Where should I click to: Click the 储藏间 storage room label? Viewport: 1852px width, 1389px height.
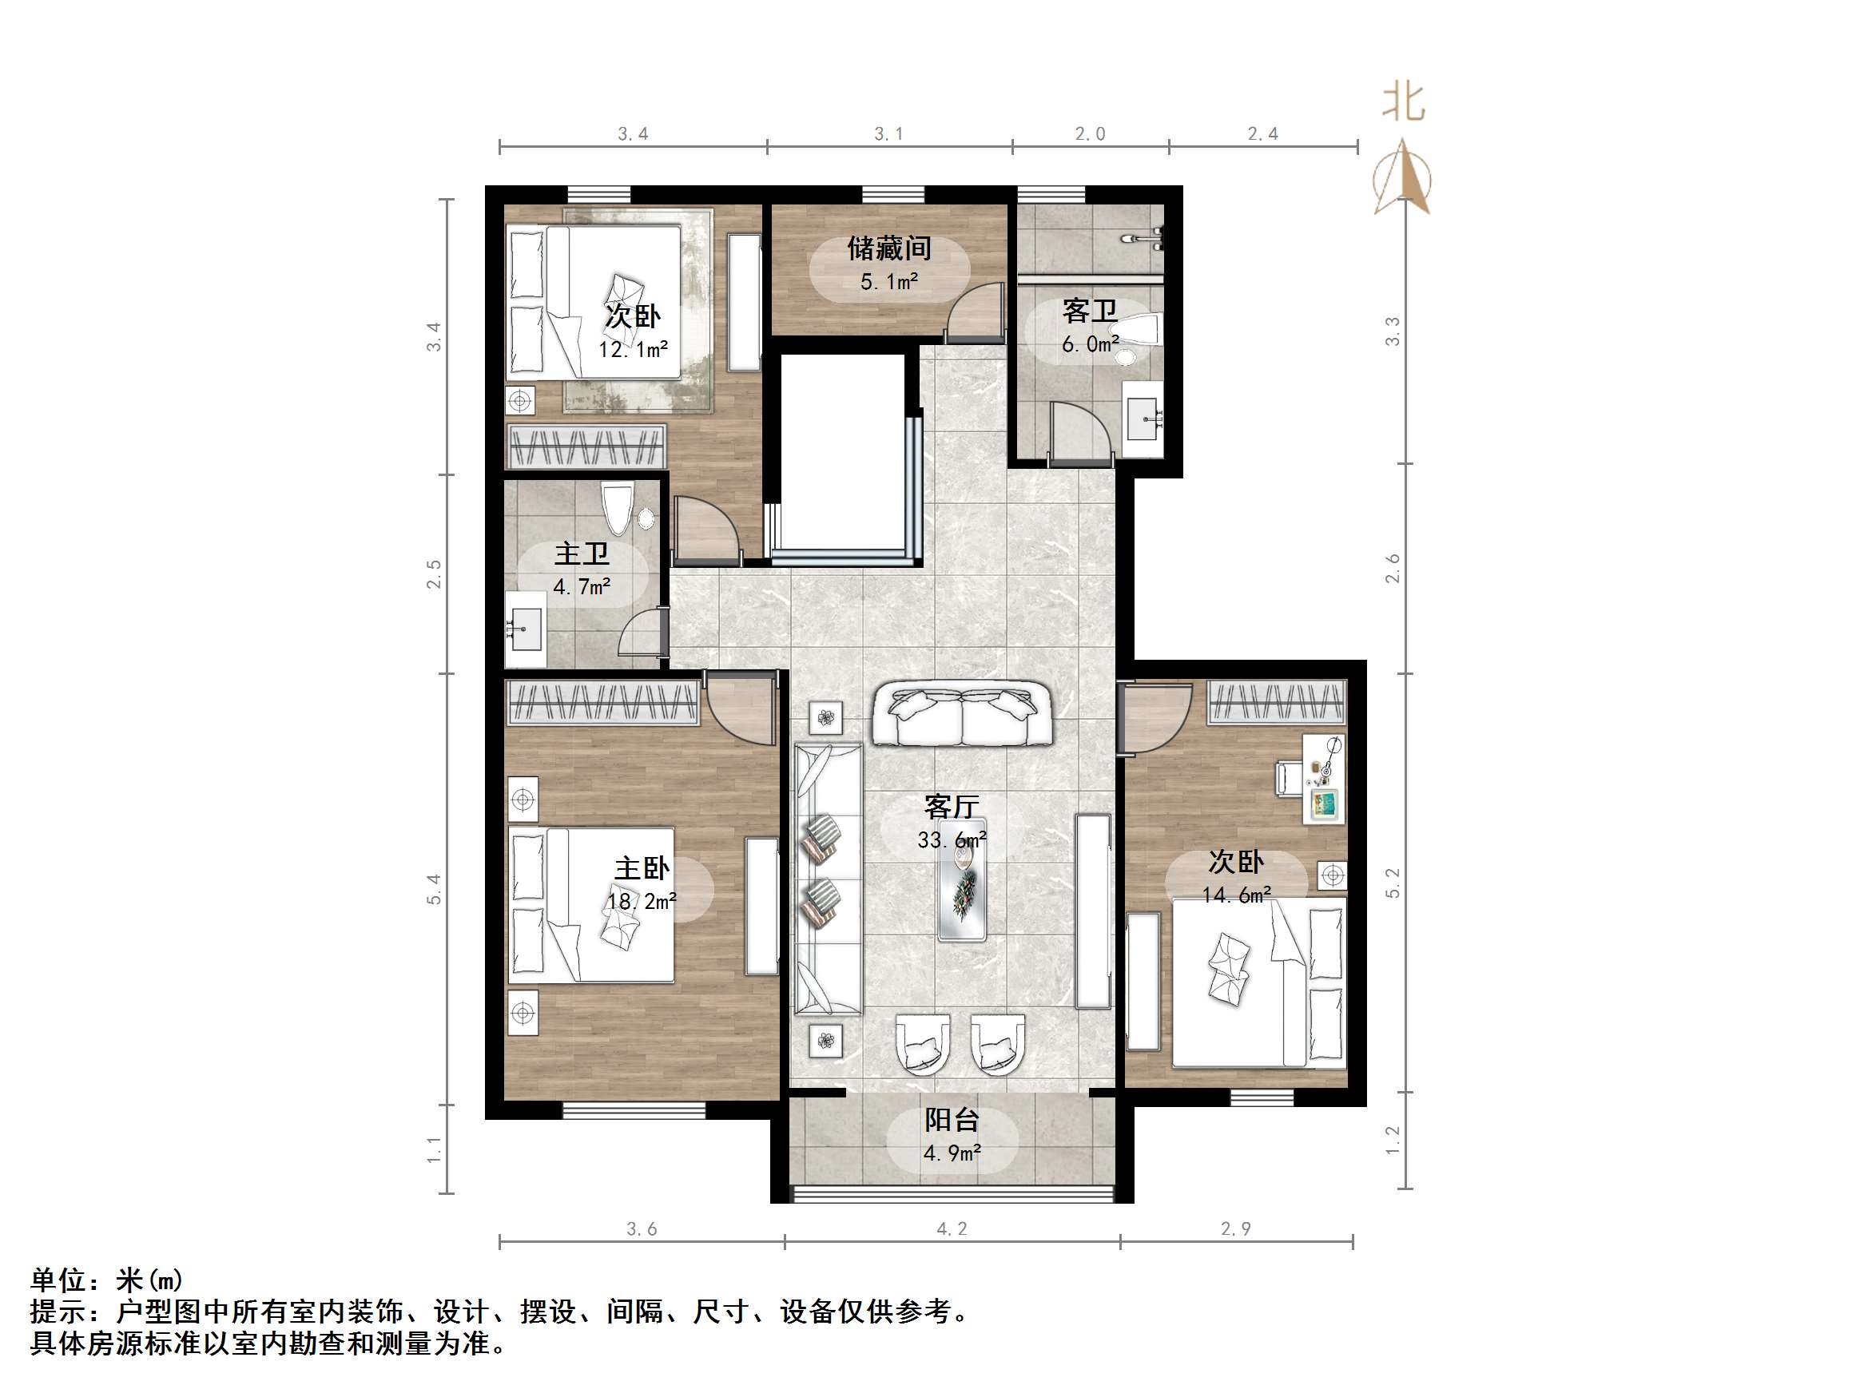point(888,248)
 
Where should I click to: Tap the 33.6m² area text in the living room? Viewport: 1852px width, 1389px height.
point(951,839)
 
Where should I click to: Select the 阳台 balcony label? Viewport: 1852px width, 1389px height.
point(951,1121)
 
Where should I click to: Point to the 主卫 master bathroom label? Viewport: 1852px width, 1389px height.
point(581,554)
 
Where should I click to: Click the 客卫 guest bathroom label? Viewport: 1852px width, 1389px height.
point(1089,312)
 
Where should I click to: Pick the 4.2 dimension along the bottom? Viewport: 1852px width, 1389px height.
point(951,1229)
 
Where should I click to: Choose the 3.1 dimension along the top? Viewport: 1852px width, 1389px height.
point(888,134)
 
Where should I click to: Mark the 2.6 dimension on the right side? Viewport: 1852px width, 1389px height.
point(1392,569)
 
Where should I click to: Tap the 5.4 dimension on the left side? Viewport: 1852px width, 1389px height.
point(434,889)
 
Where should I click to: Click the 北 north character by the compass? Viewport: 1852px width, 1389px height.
point(1403,102)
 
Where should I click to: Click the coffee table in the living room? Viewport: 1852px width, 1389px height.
point(962,879)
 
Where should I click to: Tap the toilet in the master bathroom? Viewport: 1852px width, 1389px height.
point(617,507)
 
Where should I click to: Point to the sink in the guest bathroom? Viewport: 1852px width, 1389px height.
point(1143,416)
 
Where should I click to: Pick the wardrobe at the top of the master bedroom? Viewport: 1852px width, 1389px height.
point(603,701)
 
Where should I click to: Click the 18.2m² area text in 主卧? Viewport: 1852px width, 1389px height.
point(642,902)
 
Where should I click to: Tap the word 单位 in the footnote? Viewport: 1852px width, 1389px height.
point(58,1280)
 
